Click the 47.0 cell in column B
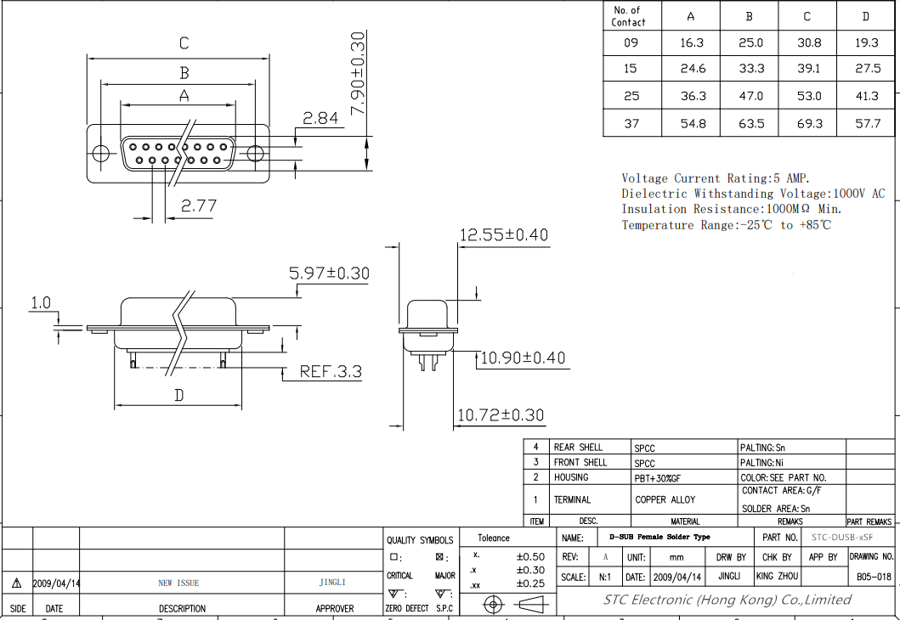pos(750,96)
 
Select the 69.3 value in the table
pos(809,123)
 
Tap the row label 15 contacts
pos(631,69)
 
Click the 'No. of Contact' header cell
pos(628,16)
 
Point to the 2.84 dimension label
pos(320,118)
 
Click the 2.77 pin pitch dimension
pos(199,206)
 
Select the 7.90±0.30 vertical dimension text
pos(357,73)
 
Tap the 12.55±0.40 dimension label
pos(504,234)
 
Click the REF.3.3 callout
pos(331,372)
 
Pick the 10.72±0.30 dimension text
pos(501,414)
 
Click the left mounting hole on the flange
pos(101,153)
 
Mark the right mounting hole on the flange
pos(255,153)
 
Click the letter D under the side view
pos(179,395)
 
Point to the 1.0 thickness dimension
pos(41,303)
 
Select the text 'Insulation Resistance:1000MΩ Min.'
pos(732,209)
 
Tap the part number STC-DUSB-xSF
pos(842,538)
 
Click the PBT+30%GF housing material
pos(658,478)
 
